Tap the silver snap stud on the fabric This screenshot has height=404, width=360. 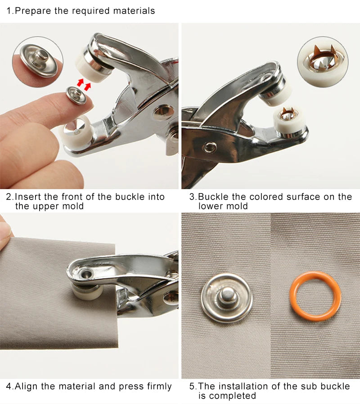[227, 298]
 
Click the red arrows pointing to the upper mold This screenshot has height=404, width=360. [84, 85]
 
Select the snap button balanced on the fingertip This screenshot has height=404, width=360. [76, 95]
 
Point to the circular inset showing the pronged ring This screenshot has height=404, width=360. [323, 62]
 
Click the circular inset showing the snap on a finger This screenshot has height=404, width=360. [38, 62]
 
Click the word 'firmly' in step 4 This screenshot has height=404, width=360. [159, 387]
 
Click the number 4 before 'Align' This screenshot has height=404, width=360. [9, 386]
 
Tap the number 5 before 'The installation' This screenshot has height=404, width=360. [192, 386]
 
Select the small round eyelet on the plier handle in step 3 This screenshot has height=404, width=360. [209, 148]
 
